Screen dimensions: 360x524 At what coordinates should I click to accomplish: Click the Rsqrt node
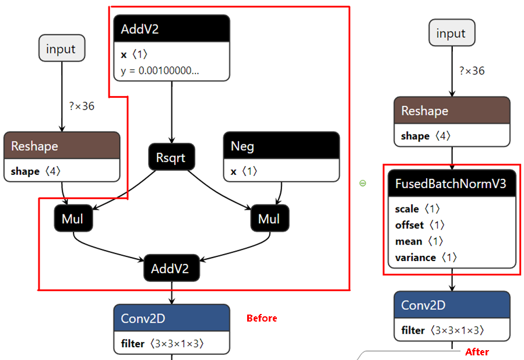(x=171, y=157)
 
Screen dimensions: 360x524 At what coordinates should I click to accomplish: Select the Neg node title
(x=281, y=145)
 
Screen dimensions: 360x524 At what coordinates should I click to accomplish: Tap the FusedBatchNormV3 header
(x=452, y=184)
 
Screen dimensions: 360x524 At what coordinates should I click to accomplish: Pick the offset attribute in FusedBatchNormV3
(x=419, y=224)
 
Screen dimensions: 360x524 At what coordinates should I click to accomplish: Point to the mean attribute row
(x=419, y=241)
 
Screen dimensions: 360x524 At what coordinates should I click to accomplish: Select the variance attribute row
(x=423, y=257)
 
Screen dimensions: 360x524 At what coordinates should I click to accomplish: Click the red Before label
(x=262, y=318)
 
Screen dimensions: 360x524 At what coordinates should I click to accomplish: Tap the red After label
(x=477, y=352)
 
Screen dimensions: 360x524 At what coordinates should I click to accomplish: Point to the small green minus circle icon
(x=363, y=183)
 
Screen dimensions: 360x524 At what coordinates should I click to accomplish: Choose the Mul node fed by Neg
(x=269, y=219)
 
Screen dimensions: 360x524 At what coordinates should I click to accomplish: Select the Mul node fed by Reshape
(x=73, y=219)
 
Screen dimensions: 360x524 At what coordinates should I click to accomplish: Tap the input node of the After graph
(x=451, y=33)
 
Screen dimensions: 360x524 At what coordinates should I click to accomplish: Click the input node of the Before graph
(x=61, y=48)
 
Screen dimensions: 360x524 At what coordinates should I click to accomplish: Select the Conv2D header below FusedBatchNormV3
(x=452, y=305)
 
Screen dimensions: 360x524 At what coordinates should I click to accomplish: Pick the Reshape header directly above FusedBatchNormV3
(x=452, y=111)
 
